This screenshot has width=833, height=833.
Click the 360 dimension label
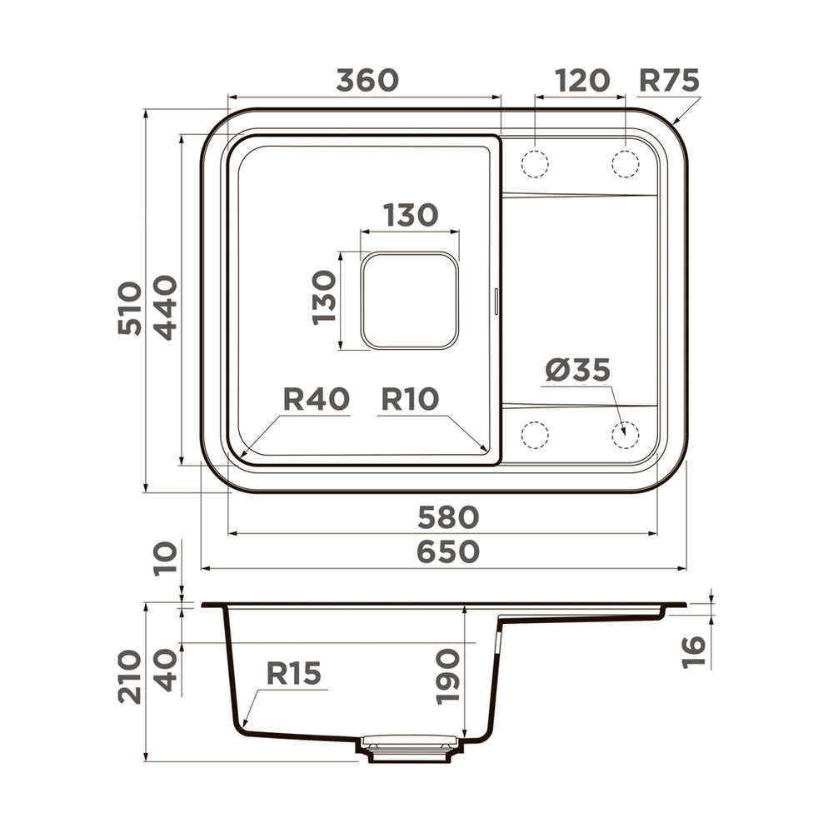(367, 80)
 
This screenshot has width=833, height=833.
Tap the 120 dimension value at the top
(582, 80)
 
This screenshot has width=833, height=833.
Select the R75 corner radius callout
(669, 80)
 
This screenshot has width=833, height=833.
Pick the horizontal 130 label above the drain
(410, 215)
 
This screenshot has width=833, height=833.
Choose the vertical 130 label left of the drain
(325, 297)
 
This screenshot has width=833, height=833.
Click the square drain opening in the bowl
(409, 300)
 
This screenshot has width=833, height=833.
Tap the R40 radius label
(317, 399)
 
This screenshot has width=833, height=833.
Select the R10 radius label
(410, 399)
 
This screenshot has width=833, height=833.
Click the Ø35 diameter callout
(578, 370)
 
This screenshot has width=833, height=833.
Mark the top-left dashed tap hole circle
(535, 163)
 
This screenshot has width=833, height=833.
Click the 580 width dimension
(448, 517)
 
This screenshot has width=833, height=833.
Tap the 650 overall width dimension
(448, 551)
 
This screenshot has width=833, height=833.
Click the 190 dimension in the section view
(447, 676)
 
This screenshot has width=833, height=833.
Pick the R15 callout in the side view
(293, 673)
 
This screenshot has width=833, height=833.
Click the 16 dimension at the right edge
(694, 651)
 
